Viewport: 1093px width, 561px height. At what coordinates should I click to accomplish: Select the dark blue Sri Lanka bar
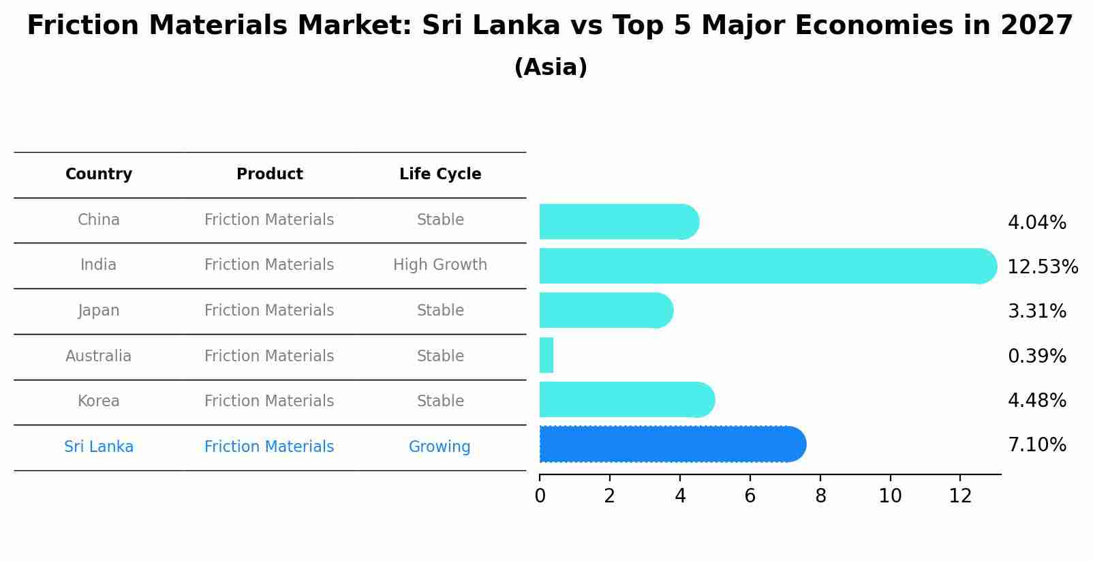671,444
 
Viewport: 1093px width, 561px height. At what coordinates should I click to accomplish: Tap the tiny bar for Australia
546,355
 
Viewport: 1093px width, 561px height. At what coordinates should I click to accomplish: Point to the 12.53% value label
1042,267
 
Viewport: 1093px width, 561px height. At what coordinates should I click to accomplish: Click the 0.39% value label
1036,356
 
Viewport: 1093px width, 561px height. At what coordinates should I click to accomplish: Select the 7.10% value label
1036,445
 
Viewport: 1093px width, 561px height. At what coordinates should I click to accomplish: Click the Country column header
99,175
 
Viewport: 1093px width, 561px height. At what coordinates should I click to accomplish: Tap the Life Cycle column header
440,175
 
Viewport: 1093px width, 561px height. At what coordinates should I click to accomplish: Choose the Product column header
269,175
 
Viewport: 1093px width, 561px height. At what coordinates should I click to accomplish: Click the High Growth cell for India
440,265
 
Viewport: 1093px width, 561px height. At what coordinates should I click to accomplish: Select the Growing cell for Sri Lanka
440,447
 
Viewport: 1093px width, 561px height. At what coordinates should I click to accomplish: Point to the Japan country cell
99,311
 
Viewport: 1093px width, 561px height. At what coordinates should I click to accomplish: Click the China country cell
99,220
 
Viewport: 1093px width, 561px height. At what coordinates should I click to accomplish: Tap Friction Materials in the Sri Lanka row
269,447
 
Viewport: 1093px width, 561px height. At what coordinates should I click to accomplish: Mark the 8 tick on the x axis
820,496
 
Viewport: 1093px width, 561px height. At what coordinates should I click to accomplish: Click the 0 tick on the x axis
540,496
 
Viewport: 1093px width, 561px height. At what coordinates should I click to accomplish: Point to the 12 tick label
960,496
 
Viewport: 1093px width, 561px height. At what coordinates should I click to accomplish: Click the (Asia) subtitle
551,67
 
